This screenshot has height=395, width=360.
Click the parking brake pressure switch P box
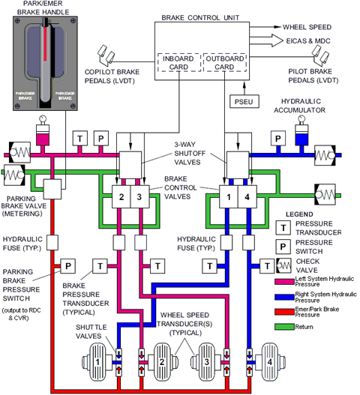(67, 265)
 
